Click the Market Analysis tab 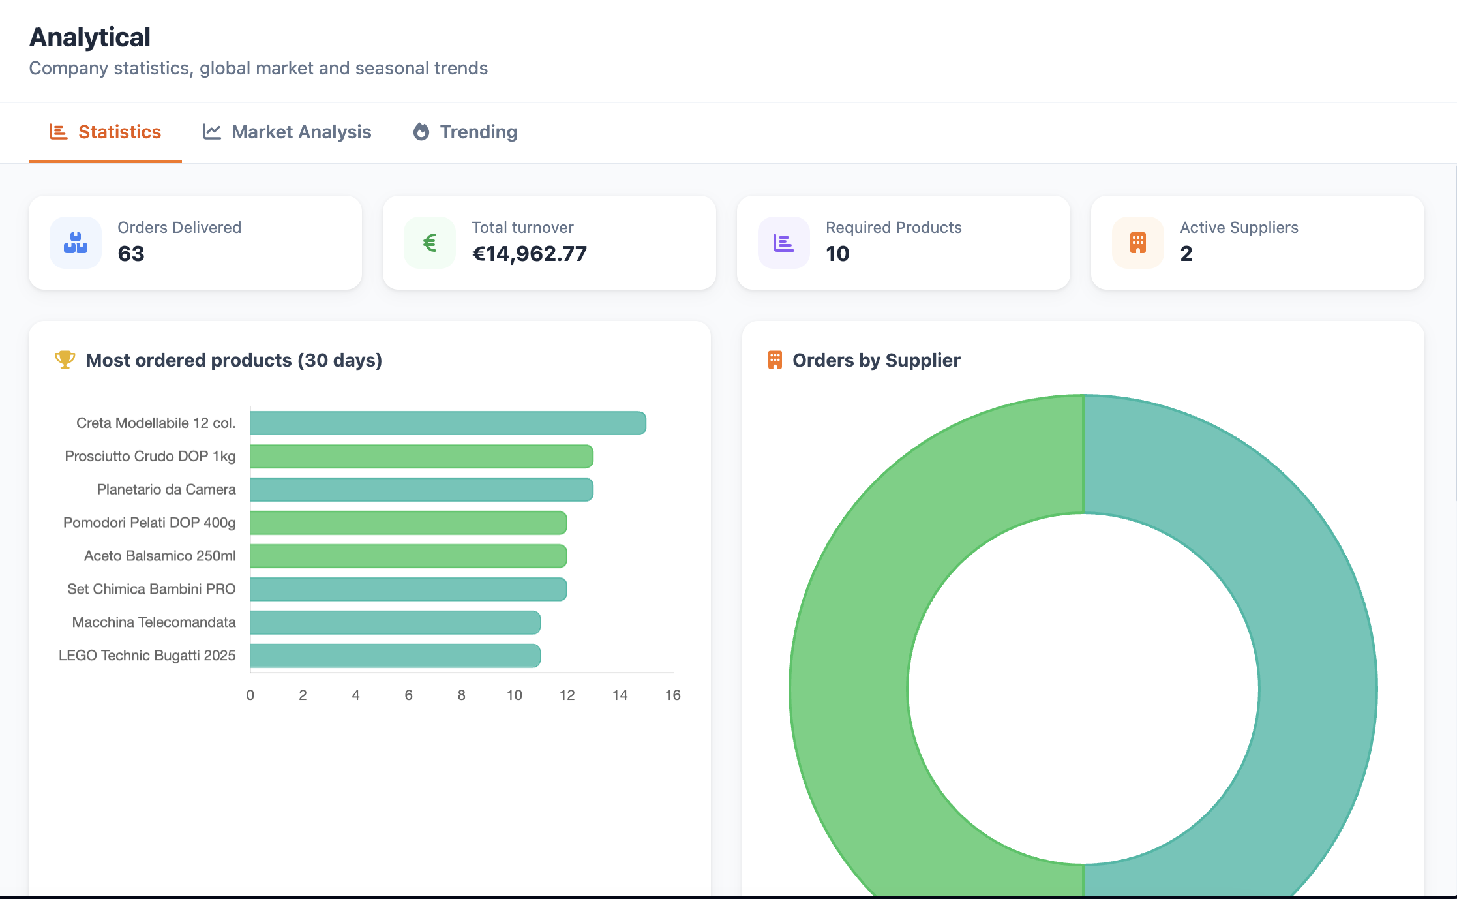coord(287,132)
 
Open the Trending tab coord(465,132)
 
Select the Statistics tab coord(105,132)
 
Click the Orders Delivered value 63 coord(131,254)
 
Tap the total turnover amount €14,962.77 coord(529,254)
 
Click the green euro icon coord(430,243)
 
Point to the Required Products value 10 coord(837,254)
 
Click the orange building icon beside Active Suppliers coord(1137,243)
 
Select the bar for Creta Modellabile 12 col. coord(447,423)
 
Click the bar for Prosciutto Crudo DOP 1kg coord(421,456)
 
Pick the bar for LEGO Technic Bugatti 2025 coord(395,656)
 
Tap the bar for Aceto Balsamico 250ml coord(408,556)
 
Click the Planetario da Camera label coord(166,489)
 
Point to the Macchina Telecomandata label coord(153,622)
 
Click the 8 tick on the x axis coord(461,695)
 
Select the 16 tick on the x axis coord(672,695)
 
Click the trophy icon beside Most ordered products coord(65,359)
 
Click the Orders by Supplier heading coord(876,360)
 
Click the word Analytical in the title coord(90,37)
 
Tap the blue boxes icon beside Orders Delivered coord(76,243)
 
